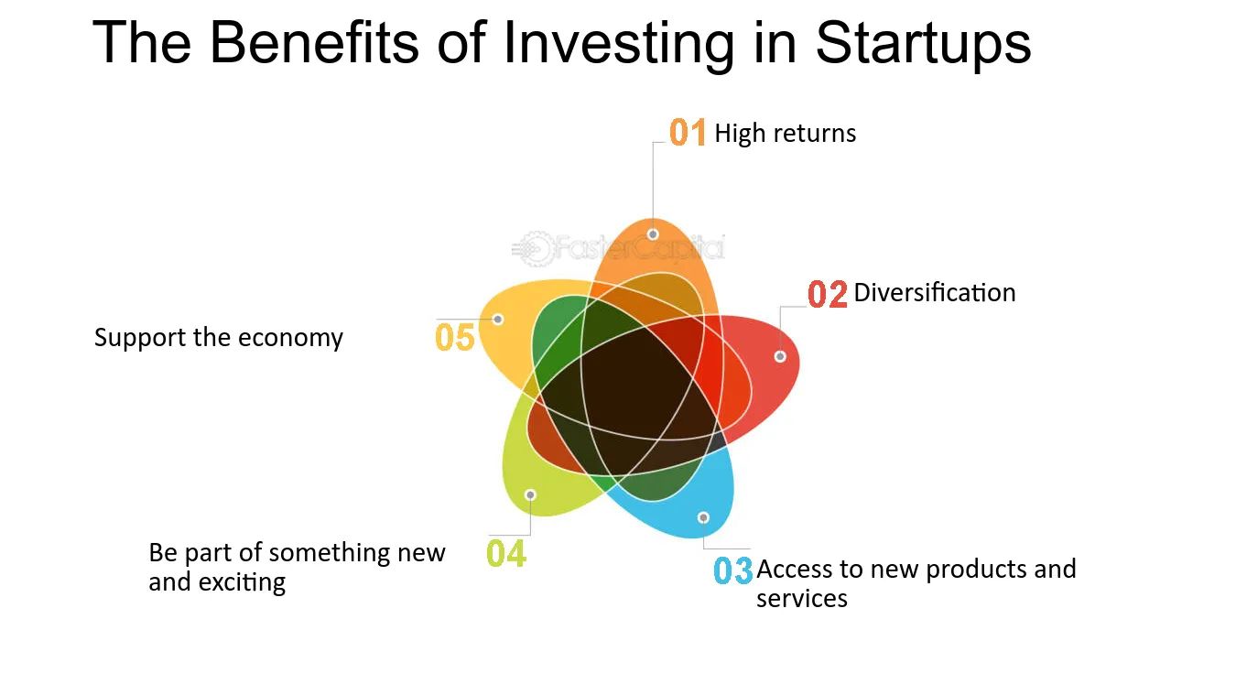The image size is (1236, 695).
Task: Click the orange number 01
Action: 688,133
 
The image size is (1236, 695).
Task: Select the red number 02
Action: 827,294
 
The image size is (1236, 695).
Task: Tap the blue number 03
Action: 732,570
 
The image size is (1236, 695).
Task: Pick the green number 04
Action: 506,554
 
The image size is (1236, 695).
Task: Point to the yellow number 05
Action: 455,337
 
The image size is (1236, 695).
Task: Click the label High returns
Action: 786,134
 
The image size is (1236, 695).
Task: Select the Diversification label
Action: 935,293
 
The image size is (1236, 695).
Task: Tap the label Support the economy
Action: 219,338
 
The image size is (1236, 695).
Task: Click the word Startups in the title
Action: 923,43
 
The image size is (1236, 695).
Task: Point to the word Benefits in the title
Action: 314,42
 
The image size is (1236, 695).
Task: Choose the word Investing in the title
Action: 619,44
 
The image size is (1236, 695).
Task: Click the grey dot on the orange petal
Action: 653,234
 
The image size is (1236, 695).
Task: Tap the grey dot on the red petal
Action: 780,356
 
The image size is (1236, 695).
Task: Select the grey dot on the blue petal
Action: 703,517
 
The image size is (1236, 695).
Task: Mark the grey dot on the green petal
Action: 530,494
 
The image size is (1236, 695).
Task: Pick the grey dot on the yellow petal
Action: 498,319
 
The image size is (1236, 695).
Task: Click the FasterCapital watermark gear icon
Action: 533,249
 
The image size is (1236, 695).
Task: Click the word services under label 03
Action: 802,599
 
